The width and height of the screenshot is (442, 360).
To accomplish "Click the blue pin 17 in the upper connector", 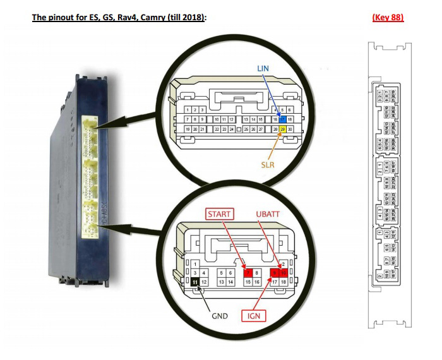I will [x=284, y=118].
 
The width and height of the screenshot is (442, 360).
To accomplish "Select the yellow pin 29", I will [x=284, y=129].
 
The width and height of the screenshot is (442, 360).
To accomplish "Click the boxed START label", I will [x=220, y=214].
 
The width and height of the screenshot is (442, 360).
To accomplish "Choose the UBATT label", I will [x=270, y=214].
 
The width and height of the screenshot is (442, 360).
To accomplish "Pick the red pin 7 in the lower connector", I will [x=248, y=272].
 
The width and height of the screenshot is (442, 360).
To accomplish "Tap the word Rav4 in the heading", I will [x=136, y=17].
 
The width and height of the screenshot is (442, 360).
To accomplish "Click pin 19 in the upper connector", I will [x=187, y=129].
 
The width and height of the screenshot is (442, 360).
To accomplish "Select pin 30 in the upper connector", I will [x=290, y=129].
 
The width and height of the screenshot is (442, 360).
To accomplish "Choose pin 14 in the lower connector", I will [x=230, y=282].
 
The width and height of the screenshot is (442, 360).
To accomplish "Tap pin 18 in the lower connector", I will [x=284, y=282].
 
